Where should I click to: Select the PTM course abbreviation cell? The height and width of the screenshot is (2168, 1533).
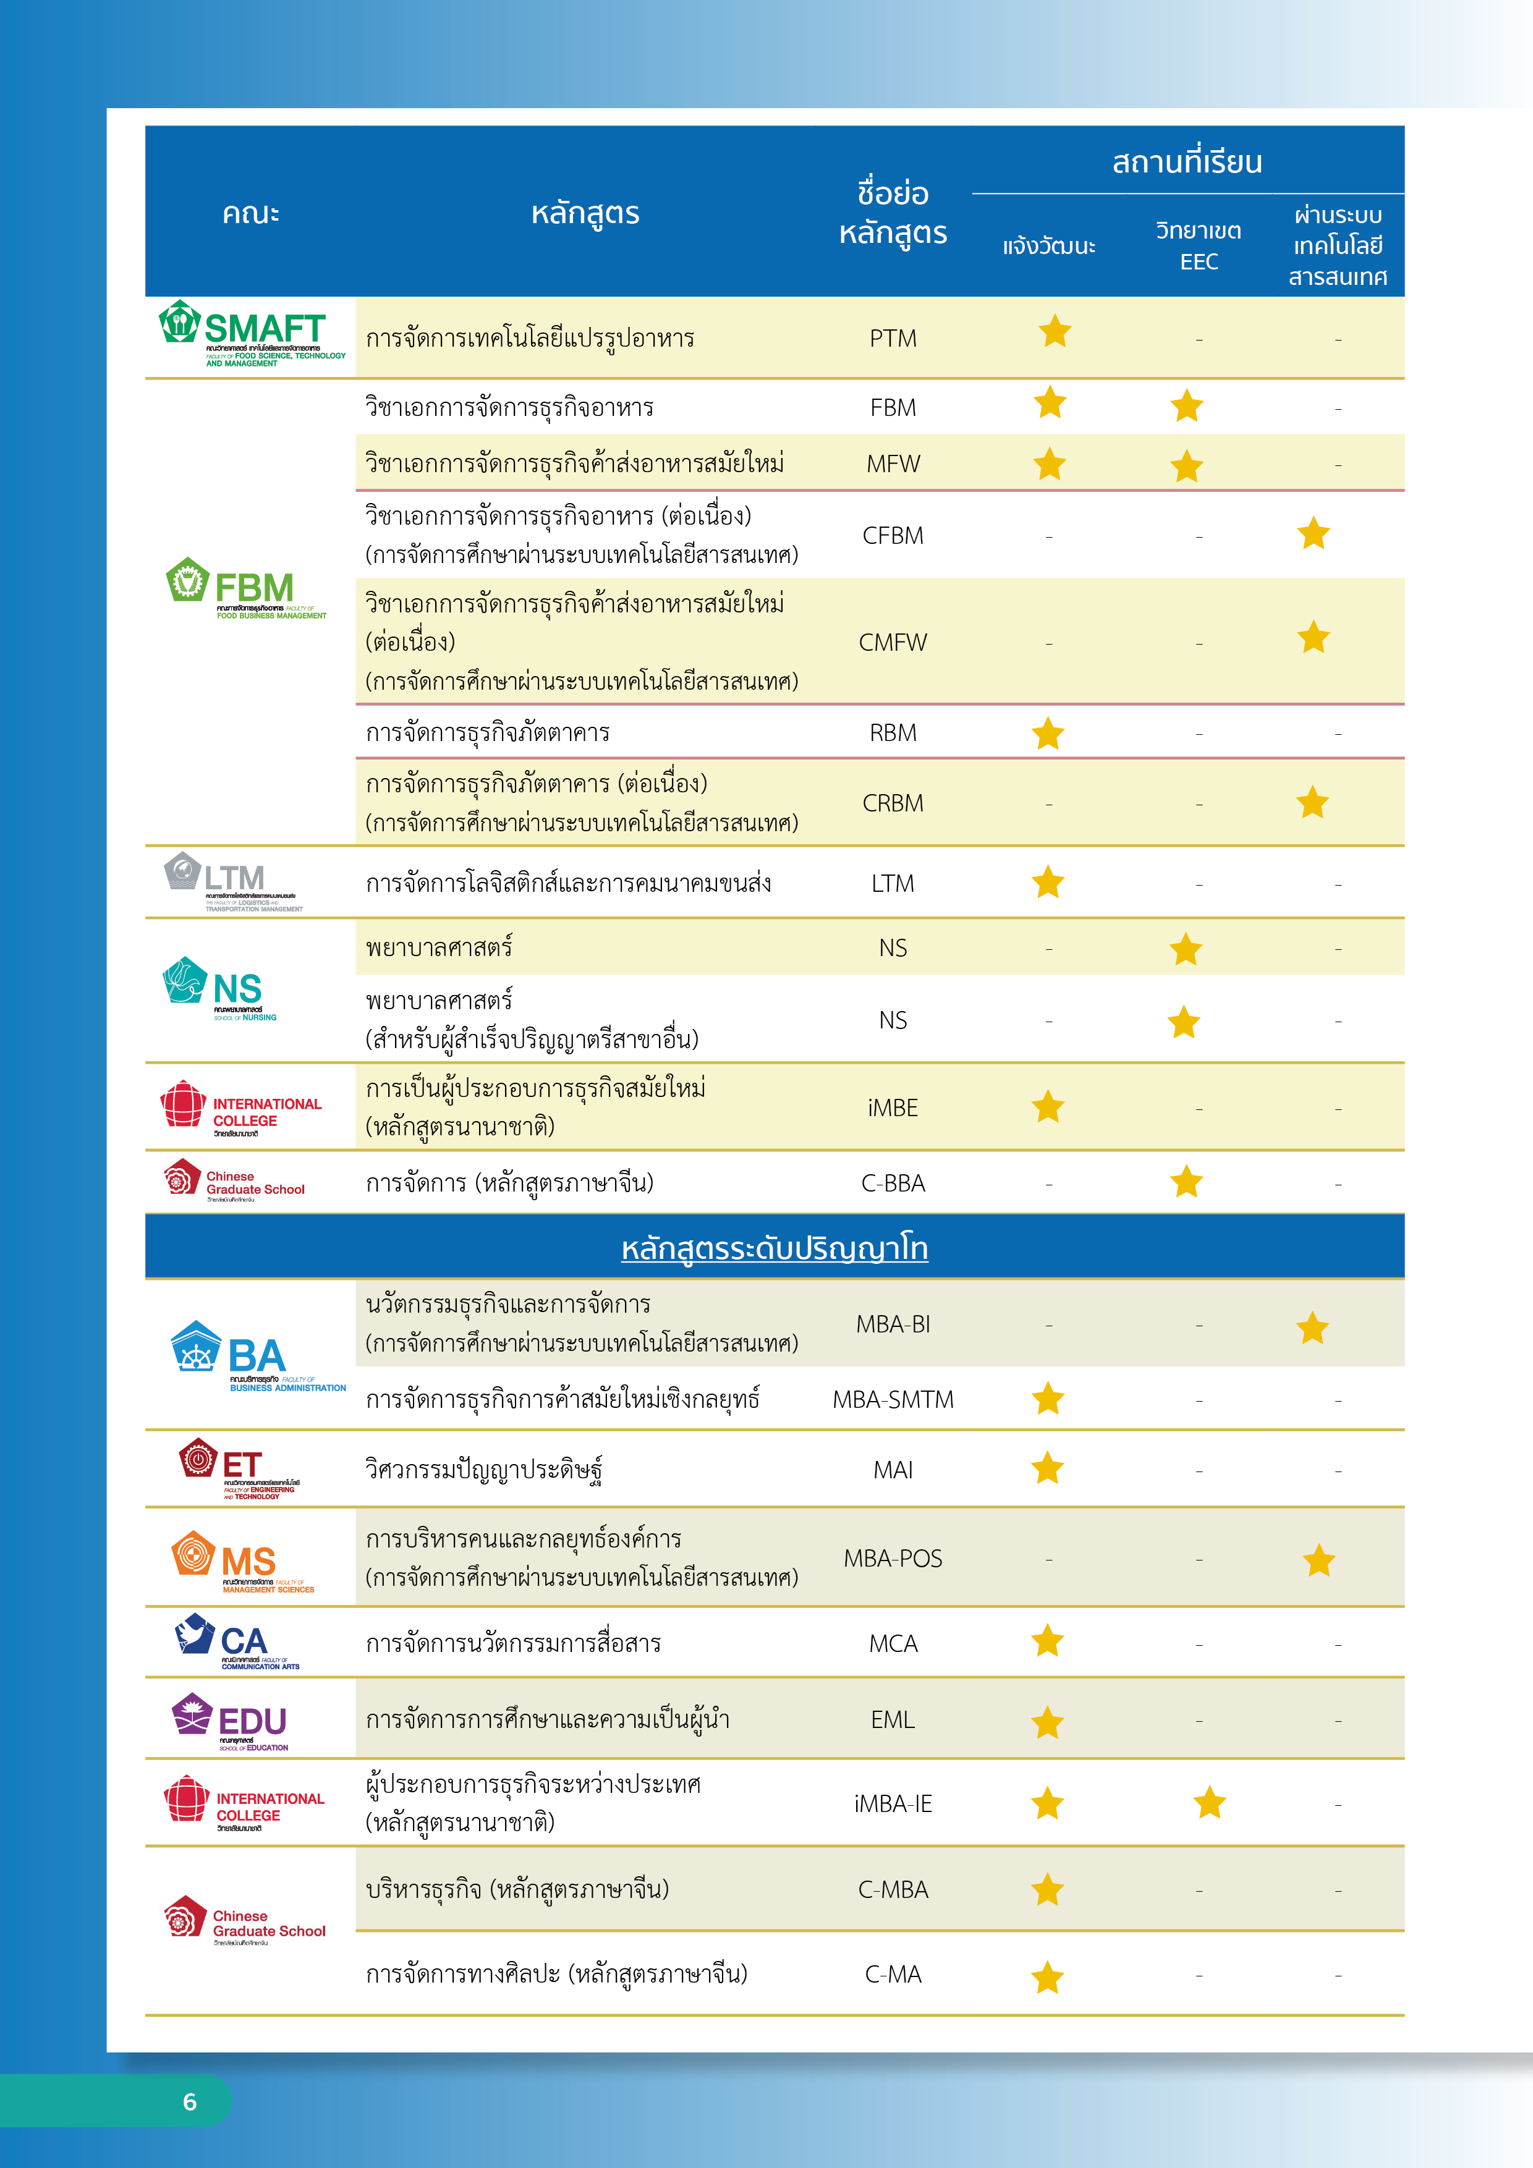click(x=893, y=338)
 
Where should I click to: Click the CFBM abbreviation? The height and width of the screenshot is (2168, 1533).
click(x=893, y=535)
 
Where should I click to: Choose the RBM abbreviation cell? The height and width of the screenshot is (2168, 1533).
click(x=893, y=733)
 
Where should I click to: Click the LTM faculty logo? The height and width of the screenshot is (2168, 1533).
click(x=231, y=882)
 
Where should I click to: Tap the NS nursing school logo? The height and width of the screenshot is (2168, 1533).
click(x=220, y=989)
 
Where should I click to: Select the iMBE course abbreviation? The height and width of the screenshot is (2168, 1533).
click(x=893, y=1107)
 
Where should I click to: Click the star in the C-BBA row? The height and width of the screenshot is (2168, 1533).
click(x=1186, y=1182)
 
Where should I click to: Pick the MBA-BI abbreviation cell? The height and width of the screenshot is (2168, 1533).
click(x=893, y=1324)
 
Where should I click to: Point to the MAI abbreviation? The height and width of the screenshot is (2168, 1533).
click(x=893, y=1469)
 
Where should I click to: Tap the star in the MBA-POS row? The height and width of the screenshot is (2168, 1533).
click(x=1319, y=1561)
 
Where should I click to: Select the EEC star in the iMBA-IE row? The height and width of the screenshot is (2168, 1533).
click(x=1209, y=1803)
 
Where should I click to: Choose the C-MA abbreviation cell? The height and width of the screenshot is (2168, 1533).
click(x=893, y=1975)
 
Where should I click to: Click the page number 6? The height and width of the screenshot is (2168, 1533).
click(x=190, y=2102)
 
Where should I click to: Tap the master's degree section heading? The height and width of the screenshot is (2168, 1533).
click(x=775, y=1248)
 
